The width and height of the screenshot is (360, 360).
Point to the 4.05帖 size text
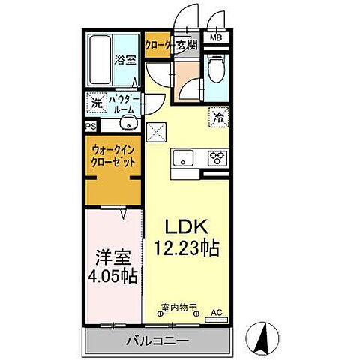(x=112, y=276)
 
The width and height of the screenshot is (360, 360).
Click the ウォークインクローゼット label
(x=114, y=155)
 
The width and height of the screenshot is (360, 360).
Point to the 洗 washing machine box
(x=96, y=103)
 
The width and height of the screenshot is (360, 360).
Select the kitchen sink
(x=184, y=158)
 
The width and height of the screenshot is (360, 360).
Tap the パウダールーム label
(x=122, y=103)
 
